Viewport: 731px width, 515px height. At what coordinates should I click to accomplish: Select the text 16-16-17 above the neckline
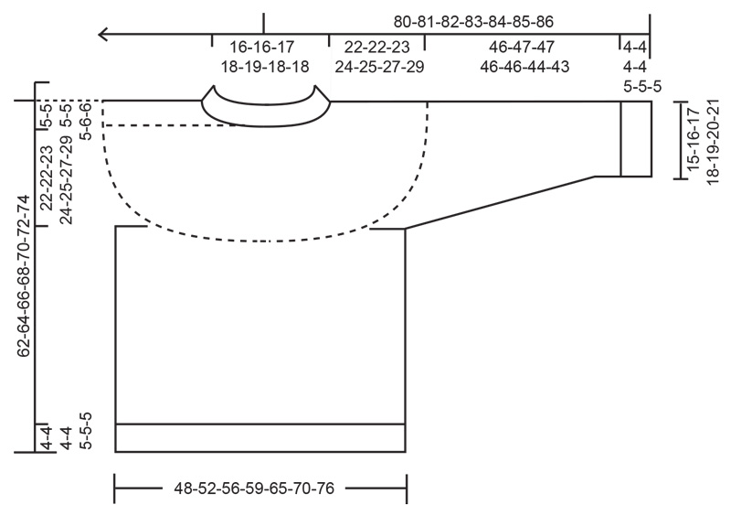click(x=262, y=46)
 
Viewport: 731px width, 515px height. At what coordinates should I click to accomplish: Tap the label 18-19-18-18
click(x=265, y=66)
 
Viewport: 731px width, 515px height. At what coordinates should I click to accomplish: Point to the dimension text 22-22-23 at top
click(x=377, y=46)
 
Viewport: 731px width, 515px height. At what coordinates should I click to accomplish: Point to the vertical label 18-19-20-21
click(x=714, y=138)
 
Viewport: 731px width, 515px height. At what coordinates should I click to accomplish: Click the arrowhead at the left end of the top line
click(x=103, y=35)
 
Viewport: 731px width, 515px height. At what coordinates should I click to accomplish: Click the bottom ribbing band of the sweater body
click(x=260, y=438)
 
